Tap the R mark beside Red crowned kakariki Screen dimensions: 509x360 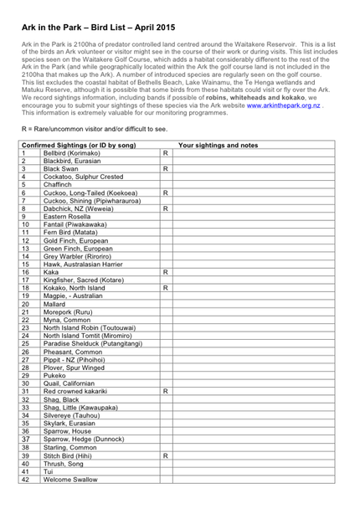pos(166,390)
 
